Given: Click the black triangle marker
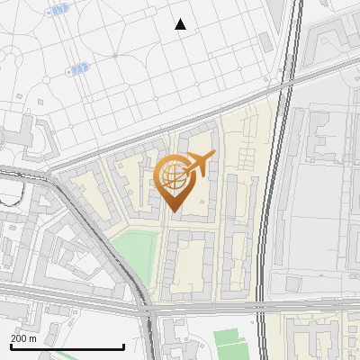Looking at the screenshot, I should tap(181, 24).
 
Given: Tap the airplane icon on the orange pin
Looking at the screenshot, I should tap(200, 162).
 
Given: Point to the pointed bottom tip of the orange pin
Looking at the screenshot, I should tap(173, 211).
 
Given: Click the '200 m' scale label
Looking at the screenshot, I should tap(23, 338).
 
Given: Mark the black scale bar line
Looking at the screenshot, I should tap(67, 346).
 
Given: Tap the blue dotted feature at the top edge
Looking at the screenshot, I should tap(58, 10).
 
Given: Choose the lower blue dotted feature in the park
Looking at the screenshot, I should tap(78, 67).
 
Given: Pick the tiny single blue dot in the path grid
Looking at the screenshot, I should tap(115, 56).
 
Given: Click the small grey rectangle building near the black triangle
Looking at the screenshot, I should tap(265, 42).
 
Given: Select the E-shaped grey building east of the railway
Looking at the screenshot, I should tap(321, 135).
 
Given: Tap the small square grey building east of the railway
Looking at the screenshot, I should tap(292, 284).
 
